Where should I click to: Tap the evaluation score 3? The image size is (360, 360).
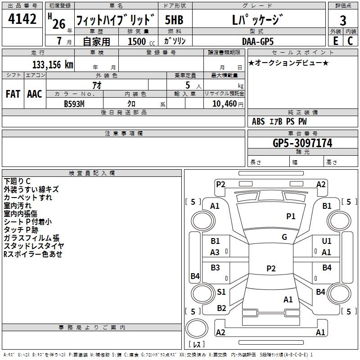point(343,20)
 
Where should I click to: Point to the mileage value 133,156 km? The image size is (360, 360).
point(53,65)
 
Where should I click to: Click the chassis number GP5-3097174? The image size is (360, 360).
point(302,143)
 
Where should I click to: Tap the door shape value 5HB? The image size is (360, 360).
point(174,20)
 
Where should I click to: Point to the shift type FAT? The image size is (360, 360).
point(13,94)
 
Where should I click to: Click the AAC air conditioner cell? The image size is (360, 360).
point(35,94)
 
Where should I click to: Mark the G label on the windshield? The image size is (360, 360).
point(284,237)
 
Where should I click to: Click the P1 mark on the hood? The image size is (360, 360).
point(291,216)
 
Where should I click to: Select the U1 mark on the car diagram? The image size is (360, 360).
point(327,242)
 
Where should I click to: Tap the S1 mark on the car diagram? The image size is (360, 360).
point(221,292)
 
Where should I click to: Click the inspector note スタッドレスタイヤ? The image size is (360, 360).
point(34,246)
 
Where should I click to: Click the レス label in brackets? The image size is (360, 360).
point(197,345)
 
